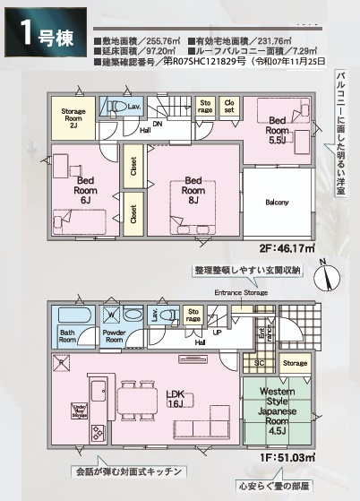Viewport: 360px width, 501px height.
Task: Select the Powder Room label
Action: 114,337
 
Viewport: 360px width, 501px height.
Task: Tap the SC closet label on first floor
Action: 260,363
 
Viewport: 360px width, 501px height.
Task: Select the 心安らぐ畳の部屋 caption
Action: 282,488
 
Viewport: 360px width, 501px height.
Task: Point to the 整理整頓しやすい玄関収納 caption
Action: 247,269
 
